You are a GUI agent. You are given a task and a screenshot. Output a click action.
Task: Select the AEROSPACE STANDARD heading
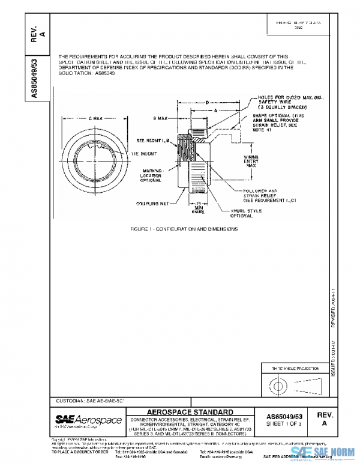190,412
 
